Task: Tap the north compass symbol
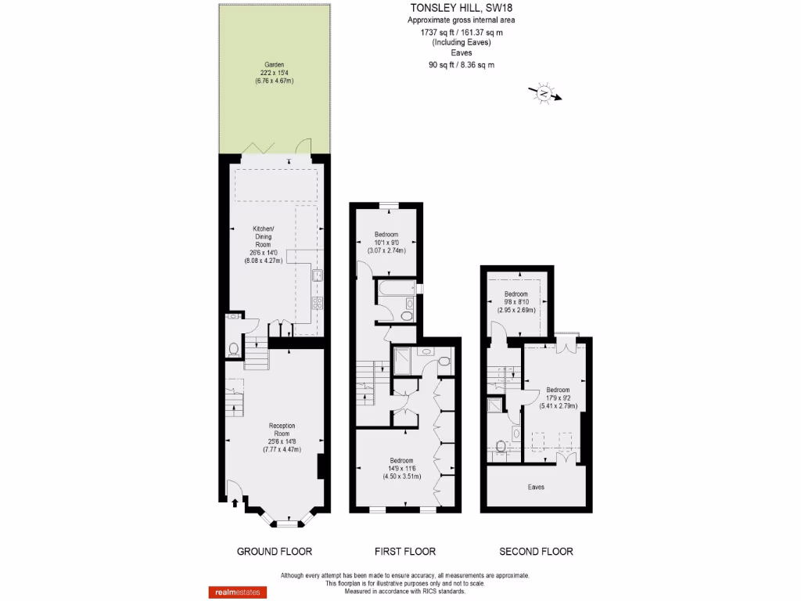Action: tap(544, 94)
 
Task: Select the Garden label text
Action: tap(274, 73)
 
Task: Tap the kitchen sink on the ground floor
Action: tap(318, 275)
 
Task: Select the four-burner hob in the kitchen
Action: tap(318, 304)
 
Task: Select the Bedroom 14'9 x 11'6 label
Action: tap(400, 468)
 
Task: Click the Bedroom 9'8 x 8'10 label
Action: tap(516, 301)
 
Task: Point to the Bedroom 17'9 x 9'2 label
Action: tap(558, 398)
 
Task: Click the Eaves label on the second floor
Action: tap(536, 487)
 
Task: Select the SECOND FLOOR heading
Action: tap(536, 552)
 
